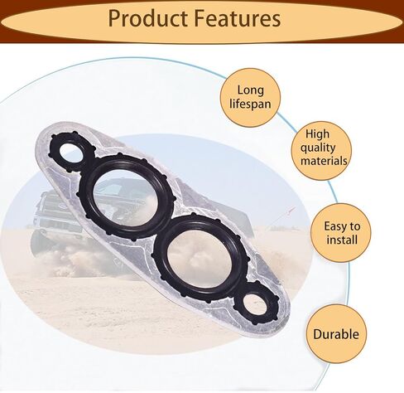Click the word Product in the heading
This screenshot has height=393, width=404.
147,19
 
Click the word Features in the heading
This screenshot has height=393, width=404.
238,18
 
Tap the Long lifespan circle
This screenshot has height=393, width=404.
250,98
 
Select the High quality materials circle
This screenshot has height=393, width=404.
321,151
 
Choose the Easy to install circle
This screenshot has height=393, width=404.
341,233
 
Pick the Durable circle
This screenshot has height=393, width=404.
336,334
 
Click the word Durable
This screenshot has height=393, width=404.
336,334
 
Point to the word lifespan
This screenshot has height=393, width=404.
250,104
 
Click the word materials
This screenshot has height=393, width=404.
324,161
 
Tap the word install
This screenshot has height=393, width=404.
342,240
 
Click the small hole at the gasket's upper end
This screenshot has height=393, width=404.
71,153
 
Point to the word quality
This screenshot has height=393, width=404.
318,148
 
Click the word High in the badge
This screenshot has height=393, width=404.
317,134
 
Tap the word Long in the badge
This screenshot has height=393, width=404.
251,90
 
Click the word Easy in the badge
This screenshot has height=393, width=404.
334,226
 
